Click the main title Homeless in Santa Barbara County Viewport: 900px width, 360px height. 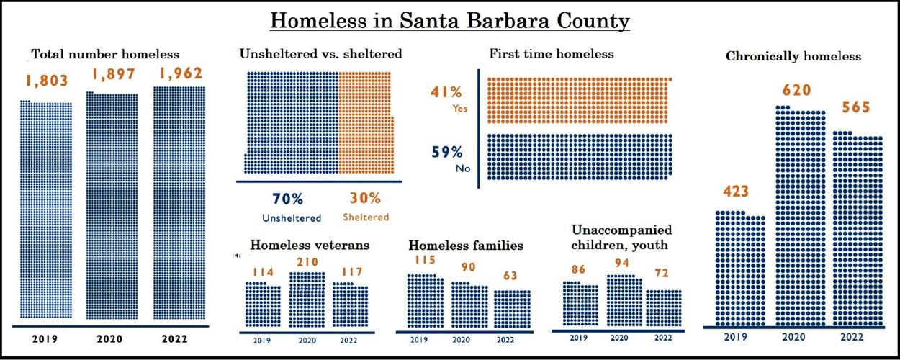pyautogui.click(x=450, y=21)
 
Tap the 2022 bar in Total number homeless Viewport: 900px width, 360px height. pyautogui.click(x=179, y=204)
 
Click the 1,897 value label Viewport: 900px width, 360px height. pyautogui.click(x=112, y=76)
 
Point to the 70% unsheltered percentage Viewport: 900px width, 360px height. pyautogui.click(x=287, y=199)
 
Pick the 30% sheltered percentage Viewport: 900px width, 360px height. pyautogui.click(x=364, y=199)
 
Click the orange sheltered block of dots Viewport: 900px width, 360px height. pyautogui.click(x=366, y=122)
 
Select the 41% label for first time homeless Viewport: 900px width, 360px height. pyautogui.click(x=446, y=92)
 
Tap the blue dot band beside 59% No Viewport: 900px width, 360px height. pyautogui.click(x=580, y=156)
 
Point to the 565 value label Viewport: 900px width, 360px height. pyautogui.click(x=856, y=108)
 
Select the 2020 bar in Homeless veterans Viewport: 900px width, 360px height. pyautogui.click(x=307, y=300)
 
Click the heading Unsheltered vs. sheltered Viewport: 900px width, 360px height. pyautogui.click(x=320, y=54)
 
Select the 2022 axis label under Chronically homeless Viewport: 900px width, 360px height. pyautogui.click(x=857, y=337)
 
